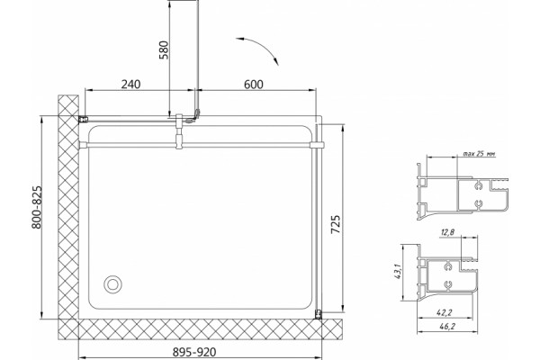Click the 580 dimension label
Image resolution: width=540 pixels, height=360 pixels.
[165, 50]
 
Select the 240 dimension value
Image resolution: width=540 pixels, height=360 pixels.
[130, 84]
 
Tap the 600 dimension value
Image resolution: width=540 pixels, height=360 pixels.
[254, 84]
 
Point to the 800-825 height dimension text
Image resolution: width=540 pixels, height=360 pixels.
[37, 208]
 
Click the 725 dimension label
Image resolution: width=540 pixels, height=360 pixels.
[336, 225]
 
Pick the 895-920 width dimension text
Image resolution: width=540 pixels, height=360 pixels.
[194, 352]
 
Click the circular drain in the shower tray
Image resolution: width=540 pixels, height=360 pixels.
[112, 284]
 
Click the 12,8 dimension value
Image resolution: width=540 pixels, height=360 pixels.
[447, 232]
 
